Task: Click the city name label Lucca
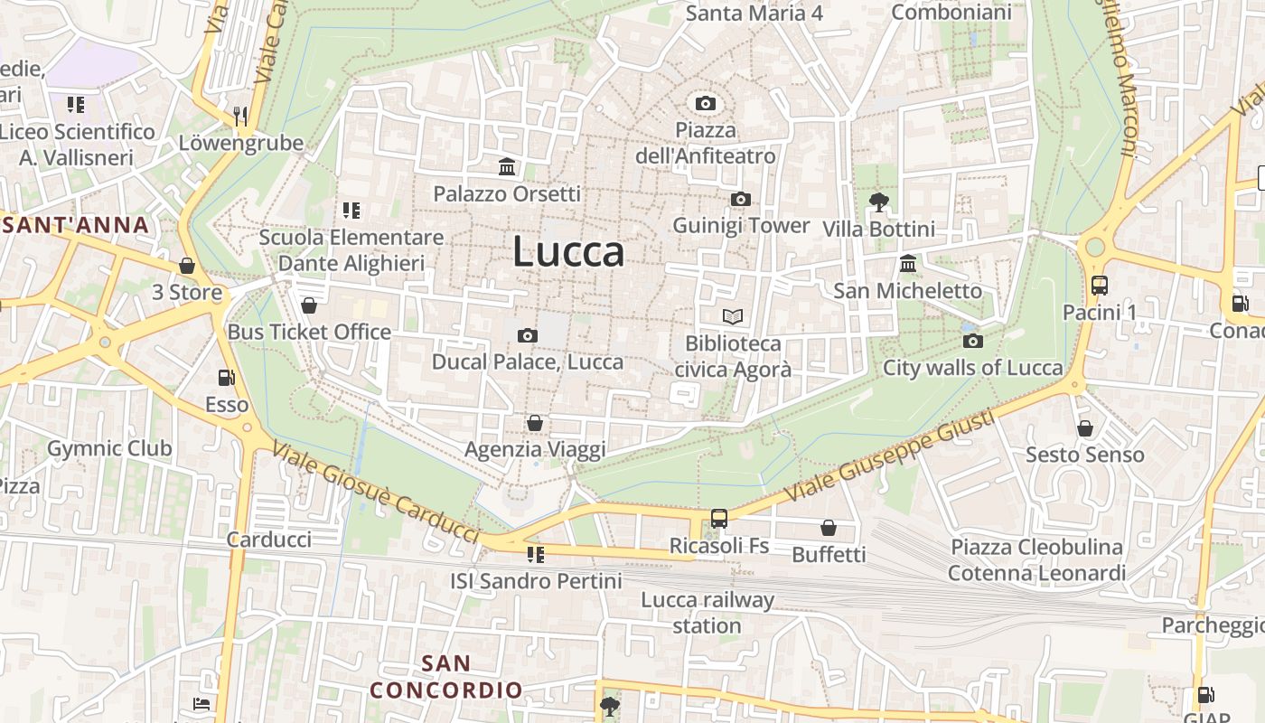point(568,251)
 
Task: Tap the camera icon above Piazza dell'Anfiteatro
point(706,103)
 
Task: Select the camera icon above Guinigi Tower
point(741,199)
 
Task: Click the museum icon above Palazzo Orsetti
point(507,167)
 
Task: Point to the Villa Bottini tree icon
point(877,202)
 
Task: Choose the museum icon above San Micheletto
point(908,264)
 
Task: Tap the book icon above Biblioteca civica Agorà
point(733,316)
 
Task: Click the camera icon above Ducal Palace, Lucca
point(528,335)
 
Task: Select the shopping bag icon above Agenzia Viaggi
point(535,423)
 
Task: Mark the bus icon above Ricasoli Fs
point(719,519)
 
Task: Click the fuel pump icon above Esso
point(226,378)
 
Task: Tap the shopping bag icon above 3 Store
point(187,266)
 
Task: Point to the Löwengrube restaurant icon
point(240,115)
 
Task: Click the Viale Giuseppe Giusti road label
point(889,457)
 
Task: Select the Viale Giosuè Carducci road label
point(375,493)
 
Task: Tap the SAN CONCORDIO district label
point(446,676)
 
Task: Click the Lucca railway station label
point(707,613)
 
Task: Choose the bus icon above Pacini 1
point(1100,286)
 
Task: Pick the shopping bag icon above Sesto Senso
point(1085,427)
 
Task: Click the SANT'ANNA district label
point(76,225)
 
